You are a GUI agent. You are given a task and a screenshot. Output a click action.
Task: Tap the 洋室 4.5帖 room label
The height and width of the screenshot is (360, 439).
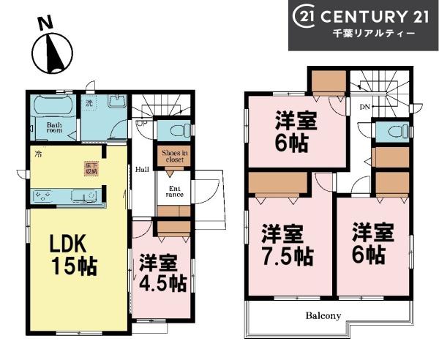[x=162, y=272]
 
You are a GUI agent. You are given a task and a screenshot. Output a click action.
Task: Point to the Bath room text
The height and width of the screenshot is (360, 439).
[x=53, y=129]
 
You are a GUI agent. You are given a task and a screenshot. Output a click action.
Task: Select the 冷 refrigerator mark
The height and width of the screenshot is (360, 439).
[x=37, y=154]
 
